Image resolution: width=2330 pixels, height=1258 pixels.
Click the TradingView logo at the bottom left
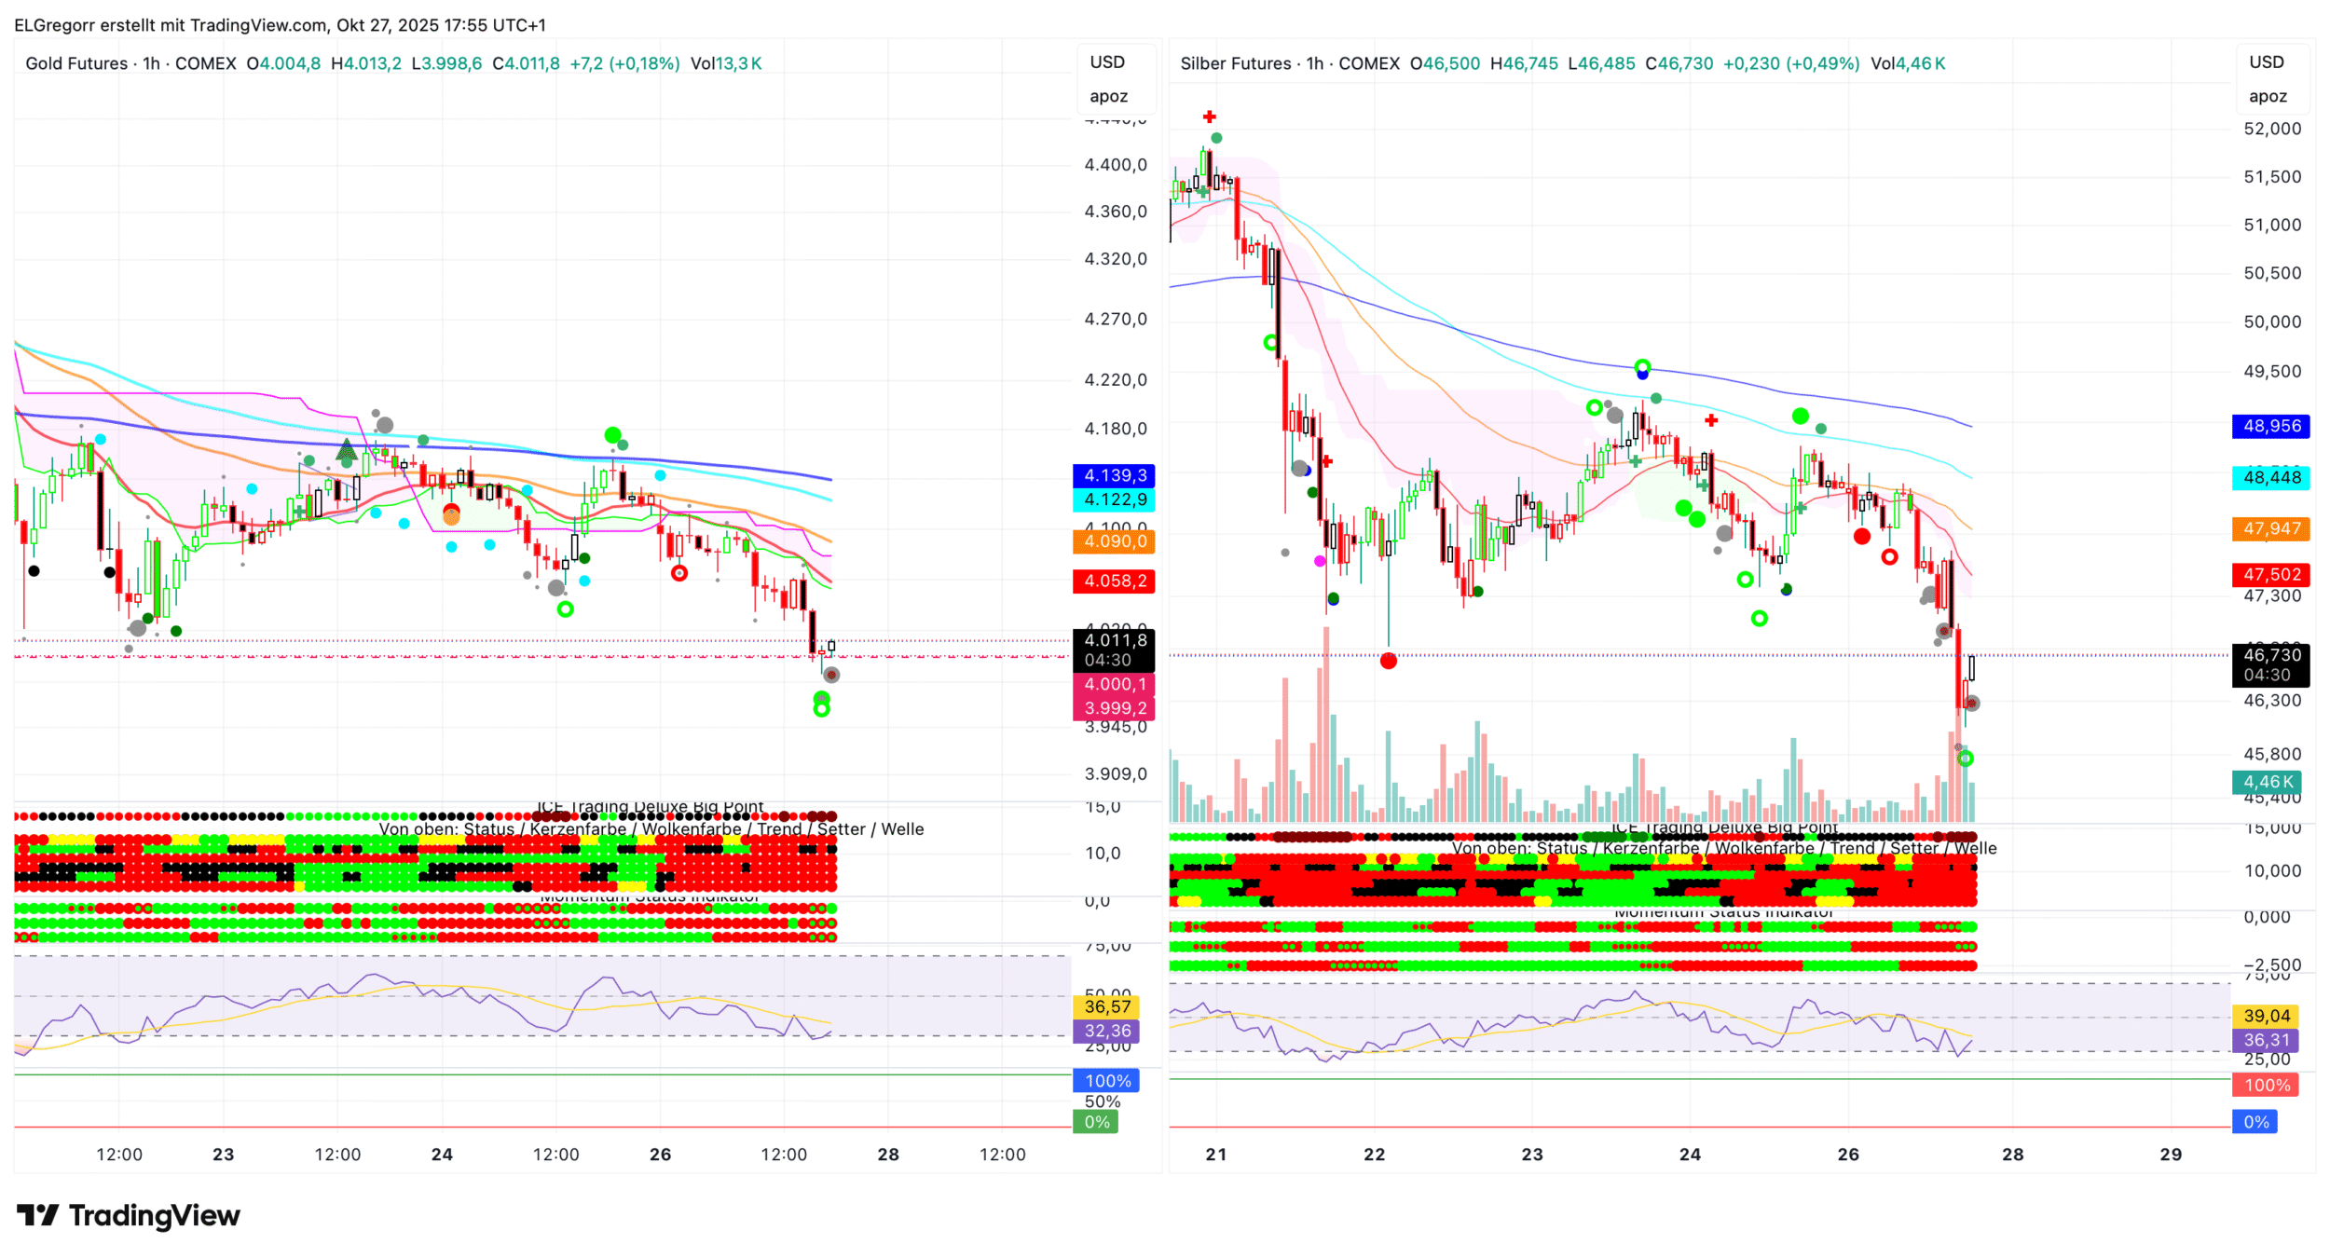coord(129,1215)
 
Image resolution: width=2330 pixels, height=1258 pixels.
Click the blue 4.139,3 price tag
coord(1114,475)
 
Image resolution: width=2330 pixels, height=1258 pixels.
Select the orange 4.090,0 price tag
coord(1114,541)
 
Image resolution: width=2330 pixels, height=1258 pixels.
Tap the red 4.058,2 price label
coord(1114,581)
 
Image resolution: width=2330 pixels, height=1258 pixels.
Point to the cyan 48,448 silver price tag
coord(2270,477)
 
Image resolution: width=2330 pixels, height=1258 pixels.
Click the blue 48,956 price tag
coord(2270,426)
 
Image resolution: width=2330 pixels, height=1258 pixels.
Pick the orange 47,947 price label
coord(2270,528)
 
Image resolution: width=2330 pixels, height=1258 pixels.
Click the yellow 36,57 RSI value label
coord(1106,1006)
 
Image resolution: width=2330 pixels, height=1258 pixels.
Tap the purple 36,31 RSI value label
coord(2266,1040)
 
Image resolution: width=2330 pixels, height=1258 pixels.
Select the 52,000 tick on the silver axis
coord(2271,129)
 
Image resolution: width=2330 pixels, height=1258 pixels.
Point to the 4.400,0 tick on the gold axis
coord(1115,165)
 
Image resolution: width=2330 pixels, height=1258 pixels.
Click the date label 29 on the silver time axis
coord(2170,1154)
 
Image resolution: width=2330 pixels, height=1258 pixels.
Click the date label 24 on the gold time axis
coord(442,1154)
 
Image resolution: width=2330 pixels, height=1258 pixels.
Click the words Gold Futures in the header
coord(76,63)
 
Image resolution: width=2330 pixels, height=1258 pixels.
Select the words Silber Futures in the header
coord(1235,63)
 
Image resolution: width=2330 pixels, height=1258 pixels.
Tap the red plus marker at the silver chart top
coord(1209,116)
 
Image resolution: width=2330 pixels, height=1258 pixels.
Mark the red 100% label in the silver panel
coord(2266,1085)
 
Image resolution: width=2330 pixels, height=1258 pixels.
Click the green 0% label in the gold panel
coord(1096,1122)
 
